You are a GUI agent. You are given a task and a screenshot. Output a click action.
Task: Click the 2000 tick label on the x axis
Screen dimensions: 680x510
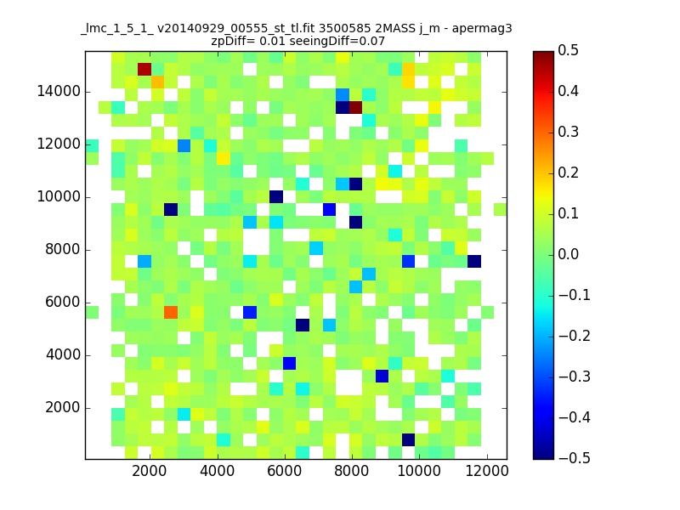[x=150, y=471]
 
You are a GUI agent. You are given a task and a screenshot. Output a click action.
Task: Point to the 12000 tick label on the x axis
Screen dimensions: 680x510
[x=486, y=471]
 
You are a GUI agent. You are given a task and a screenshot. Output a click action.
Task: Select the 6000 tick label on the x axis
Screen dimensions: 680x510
[x=284, y=471]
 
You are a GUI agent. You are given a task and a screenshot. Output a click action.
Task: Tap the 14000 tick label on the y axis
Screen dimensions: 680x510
[x=59, y=92]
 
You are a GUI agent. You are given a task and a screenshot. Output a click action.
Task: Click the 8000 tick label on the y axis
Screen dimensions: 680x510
[x=63, y=249]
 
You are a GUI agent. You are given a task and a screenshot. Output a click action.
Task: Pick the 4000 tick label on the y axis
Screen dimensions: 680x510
[x=63, y=354]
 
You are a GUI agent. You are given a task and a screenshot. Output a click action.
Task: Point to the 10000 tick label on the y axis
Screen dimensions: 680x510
[x=59, y=197]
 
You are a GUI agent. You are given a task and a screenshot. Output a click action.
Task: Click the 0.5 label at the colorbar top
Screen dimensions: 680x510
[x=568, y=50]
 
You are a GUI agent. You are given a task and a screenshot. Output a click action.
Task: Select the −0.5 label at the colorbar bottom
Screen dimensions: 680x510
[x=575, y=458]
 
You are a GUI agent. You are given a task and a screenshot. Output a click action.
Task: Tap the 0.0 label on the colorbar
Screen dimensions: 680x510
[x=568, y=254]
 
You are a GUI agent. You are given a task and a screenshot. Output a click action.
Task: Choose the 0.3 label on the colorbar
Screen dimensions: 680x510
[x=568, y=132]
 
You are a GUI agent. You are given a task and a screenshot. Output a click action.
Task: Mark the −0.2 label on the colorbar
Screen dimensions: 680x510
[x=575, y=336]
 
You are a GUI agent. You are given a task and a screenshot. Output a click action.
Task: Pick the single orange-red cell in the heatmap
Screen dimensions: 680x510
[x=171, y=312]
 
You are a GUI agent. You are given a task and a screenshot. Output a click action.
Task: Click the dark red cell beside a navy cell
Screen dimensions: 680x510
[x=355, y=108]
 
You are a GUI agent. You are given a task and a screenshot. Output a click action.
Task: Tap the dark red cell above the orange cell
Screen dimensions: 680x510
[x=144, y=70]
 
